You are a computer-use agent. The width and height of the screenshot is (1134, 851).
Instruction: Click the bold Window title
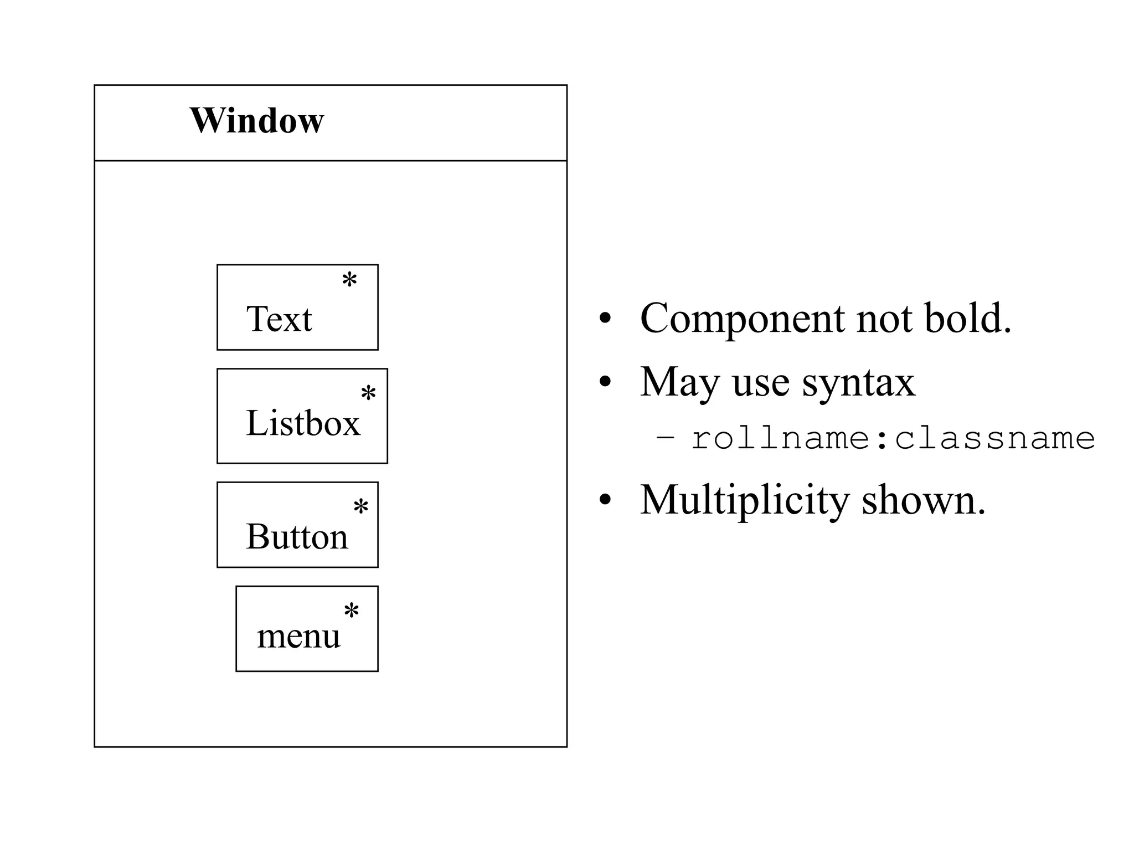[256, 120]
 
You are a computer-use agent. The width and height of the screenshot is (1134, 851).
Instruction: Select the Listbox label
[303, 423]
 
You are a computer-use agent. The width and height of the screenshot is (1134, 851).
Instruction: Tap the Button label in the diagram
[297, 536]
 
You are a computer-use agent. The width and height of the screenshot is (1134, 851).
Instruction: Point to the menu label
[298, 636]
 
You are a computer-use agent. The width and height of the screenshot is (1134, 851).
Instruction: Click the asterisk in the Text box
[349, 280]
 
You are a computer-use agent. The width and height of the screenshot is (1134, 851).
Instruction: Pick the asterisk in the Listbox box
[368, 393]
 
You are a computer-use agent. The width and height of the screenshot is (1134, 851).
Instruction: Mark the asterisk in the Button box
[361, 506]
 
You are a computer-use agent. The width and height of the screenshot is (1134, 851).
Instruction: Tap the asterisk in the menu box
[352, 611]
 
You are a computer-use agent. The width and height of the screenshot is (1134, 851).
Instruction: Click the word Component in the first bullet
[741, 319]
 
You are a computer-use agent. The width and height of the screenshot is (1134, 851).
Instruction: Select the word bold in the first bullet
[967, 319]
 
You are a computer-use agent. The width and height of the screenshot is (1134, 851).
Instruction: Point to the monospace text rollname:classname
[893, 439]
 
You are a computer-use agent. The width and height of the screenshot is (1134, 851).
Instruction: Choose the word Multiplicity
[744, 500]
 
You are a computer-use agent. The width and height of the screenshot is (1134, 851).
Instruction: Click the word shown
[923, 500]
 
